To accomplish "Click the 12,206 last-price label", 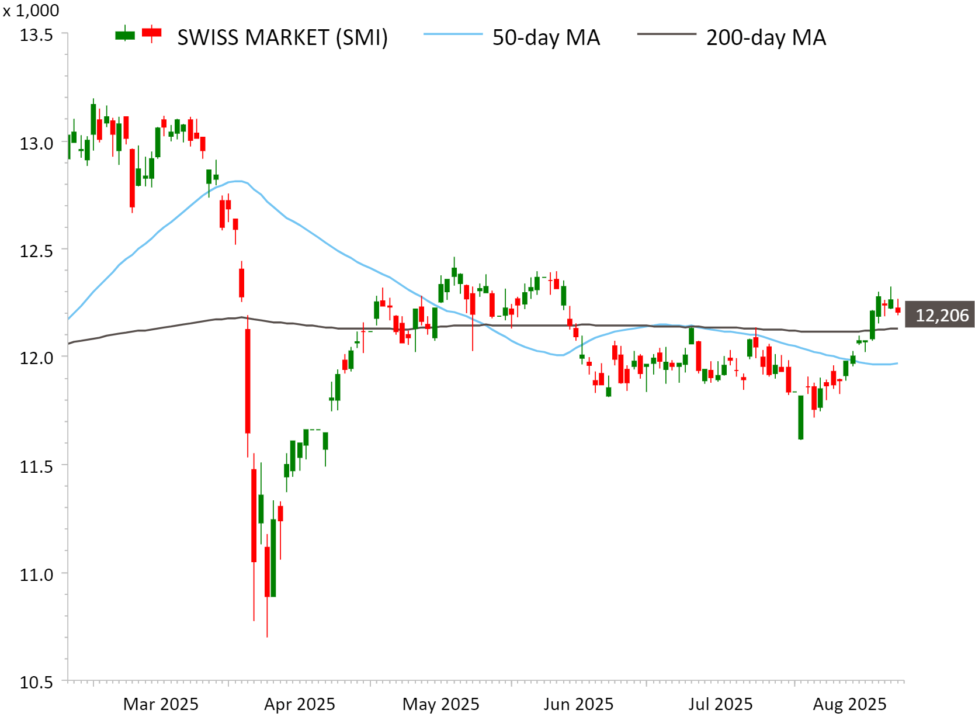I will click(x=941, y=316).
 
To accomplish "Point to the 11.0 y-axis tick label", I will click(x=36, y=574).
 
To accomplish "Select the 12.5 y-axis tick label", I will click(x=36, y=251).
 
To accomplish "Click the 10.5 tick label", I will click(x=36, y=682).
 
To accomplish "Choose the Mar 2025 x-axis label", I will click(x=161, y=704).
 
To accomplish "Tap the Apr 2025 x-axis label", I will click(x=300, y=704).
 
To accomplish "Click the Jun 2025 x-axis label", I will click(x=578, y=704).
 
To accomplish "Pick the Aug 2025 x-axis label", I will click(x=849, y=704).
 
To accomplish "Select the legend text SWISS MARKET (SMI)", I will click(x=282, y=38).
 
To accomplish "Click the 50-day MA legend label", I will click(x=546, y=38).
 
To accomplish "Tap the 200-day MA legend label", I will click(x=766, y=38).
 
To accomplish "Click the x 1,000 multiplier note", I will click(x=31, y=11).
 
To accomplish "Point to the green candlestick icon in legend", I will click(x=125, y=34).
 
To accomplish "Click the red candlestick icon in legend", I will click(x=152, y=33).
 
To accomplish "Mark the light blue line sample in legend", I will click(x=453, y=34).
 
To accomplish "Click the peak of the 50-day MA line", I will click(x=237, y=181).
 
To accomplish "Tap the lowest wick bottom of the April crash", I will click(x=267, y=636).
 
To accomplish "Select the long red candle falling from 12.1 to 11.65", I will click(x=248, y=381).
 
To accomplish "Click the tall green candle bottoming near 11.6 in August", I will click(x=801, y=417).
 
